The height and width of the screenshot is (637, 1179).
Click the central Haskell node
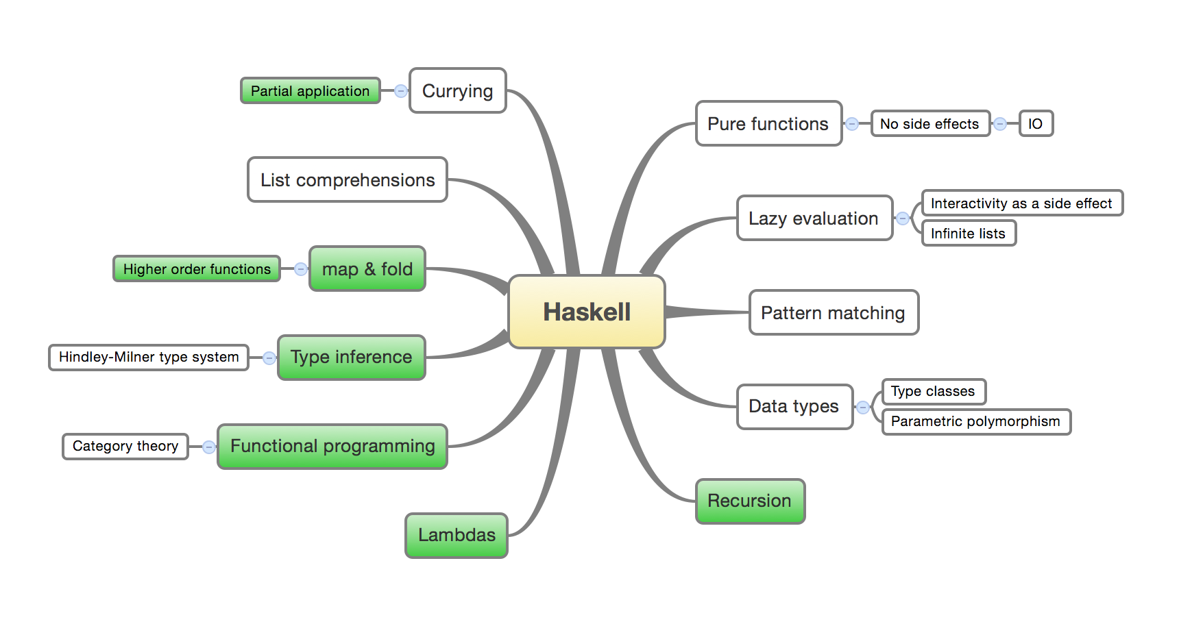[587, 312]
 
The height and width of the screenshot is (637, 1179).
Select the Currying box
[458, 90]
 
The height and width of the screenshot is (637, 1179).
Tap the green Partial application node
[310, 90]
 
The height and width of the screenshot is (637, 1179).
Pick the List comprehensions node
[348, 179]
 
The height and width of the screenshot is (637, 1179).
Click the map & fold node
[367, 268]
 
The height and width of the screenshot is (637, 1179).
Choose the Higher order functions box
[197, 268]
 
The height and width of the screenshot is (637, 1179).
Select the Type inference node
[352, 358]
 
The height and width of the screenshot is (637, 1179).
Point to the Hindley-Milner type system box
[149, 358]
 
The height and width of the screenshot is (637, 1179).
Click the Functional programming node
[332, 447]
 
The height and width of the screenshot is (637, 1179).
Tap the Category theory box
[125, 447]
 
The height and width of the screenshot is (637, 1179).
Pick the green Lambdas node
[457, 536]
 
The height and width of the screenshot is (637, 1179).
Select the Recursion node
[751, 501]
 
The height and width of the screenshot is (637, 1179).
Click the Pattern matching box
[834, 312]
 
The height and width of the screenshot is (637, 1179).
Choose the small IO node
[1036, 124]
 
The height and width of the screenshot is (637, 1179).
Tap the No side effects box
[930, 124]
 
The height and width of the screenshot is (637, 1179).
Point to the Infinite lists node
[969, 234]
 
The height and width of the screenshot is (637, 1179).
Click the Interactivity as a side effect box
[1022, 203]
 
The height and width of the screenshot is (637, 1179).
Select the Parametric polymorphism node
[976, 421]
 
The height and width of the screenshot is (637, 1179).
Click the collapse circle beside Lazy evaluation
[903, 218]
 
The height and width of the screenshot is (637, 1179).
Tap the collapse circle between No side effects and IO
[1000, 124]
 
